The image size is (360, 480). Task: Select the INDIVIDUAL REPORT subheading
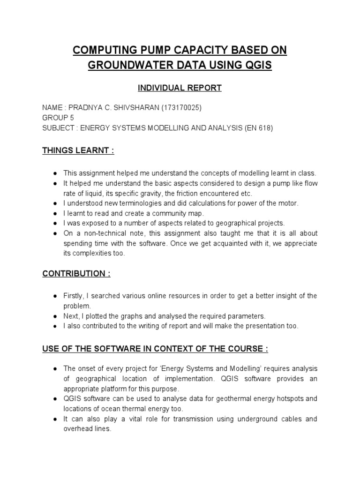tap(179, 88)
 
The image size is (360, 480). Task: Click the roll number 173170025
tap(181, 108)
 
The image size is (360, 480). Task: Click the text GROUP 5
tap(58, 118)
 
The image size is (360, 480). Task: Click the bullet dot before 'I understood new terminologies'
tap(55, 203)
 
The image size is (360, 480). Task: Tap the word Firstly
tap(75, 296)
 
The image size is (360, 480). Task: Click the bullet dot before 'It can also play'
tap(55, 419)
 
